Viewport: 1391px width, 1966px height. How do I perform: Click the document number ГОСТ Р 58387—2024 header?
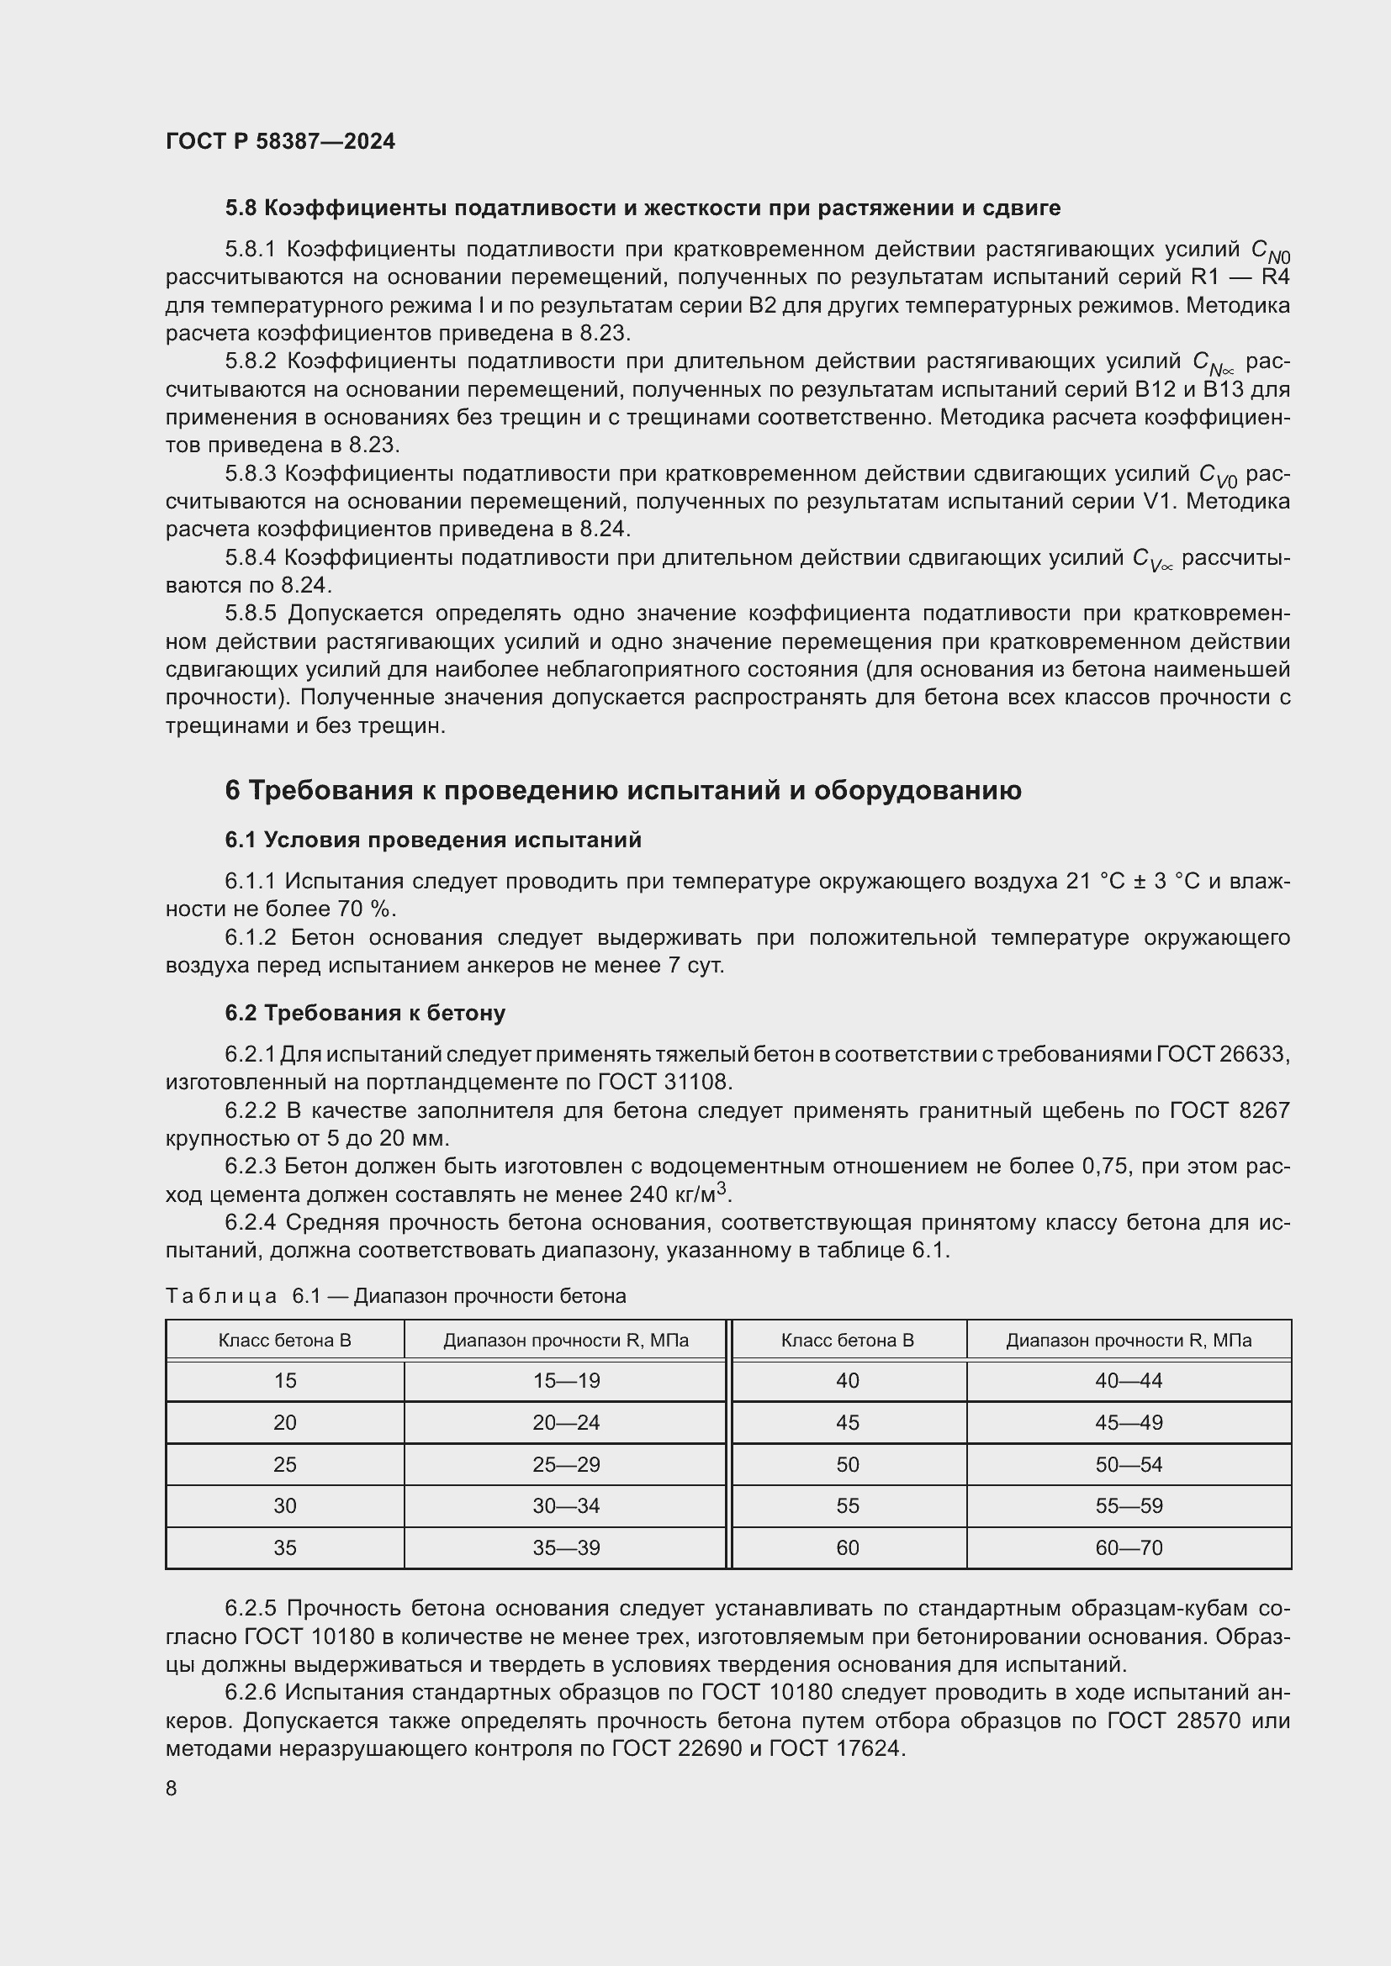point(280,141)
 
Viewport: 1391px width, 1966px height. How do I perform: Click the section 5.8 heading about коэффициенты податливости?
point(643,208)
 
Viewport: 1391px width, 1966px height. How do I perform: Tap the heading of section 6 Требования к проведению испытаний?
point(622,790)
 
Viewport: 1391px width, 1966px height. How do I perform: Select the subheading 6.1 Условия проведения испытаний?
point(433,840)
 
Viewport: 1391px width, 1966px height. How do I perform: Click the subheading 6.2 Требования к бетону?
point(365,1013)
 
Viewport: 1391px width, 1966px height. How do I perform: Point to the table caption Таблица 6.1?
point(395,1296)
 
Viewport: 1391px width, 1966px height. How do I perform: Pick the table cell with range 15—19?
point(565,1381)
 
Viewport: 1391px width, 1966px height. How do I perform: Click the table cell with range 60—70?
point(1128,1548)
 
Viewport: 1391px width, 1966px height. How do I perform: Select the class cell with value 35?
point(284,1548)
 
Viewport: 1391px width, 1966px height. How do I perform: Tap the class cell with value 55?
point(847,1506)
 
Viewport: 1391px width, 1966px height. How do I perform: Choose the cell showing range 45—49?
point(1128,1423)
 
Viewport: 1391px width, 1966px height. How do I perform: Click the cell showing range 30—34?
point(565,1506)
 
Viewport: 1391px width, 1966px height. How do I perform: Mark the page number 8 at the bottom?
point(172,1789)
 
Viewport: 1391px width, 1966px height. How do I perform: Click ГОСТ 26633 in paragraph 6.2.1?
point(1222,1054)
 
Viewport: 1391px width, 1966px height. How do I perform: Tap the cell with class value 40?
point(847,1381)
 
